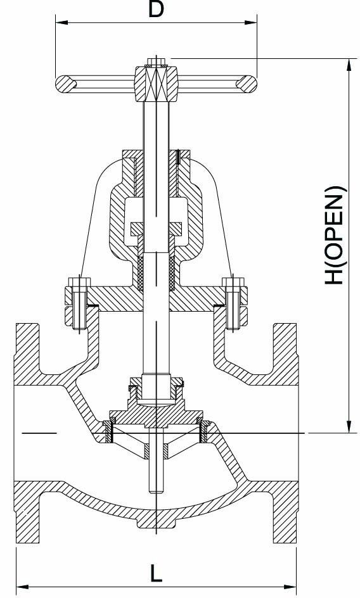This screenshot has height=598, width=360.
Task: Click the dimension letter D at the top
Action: [x=156, y=9]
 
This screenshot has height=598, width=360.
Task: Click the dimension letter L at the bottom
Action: [x=155, y=573]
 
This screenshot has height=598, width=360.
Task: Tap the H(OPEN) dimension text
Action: [x=335, y=235]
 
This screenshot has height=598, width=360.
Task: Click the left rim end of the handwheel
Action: [x=64, y=84]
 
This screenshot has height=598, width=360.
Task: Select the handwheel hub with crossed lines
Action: [x=156, y=84]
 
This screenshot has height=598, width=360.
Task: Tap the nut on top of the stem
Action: [x=156, y=62]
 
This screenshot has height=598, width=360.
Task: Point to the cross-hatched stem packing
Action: [x=156, y=273]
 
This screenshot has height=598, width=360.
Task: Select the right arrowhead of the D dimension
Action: [x=250, y=22]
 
